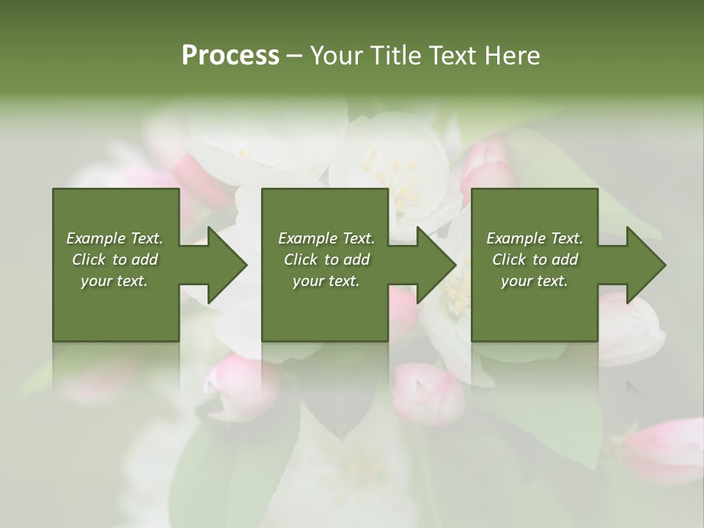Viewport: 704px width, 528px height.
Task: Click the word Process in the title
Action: point(230,56)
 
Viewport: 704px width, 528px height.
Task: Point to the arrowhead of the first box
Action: point(227,265)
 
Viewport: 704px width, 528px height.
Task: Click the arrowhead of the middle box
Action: point(436,265)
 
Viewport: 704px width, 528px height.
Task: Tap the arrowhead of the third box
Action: point(646,265)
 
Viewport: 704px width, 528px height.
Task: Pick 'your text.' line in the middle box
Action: point(326,281)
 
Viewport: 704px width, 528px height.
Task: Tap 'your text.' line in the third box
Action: point(534,281)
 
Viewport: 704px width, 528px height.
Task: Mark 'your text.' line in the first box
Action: point(114,281)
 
